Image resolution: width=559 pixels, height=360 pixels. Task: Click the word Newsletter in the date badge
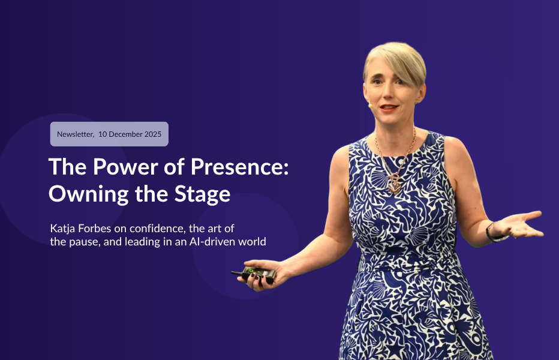(74, 134)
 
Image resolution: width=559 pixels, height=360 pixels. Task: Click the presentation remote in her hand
(257, 274)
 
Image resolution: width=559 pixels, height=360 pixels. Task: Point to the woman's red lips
(389, 107)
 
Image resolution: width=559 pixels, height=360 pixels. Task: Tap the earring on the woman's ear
(415, 102)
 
